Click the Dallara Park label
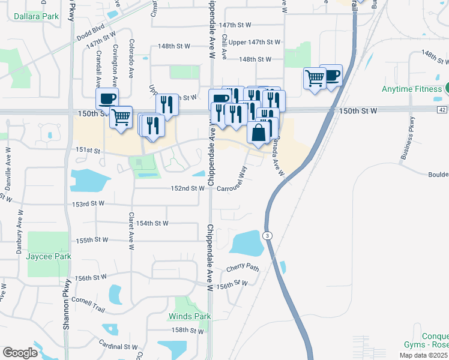37,16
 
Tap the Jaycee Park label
49,256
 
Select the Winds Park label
190,316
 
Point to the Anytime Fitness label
412,89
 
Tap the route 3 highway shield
267,235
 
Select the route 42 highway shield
442,110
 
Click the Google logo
20,353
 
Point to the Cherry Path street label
243,268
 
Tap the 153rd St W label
89,204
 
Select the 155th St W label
92,240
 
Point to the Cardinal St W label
119,346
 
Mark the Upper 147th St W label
255,42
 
